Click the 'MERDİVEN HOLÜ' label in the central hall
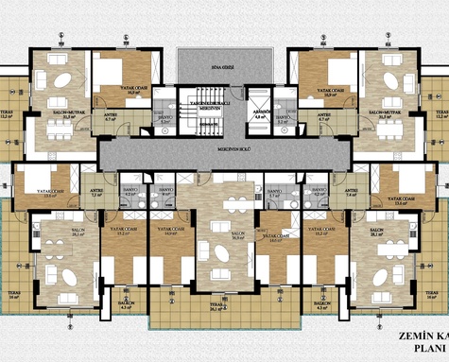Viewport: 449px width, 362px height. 224,149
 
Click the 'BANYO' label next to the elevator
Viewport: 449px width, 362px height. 165,118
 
